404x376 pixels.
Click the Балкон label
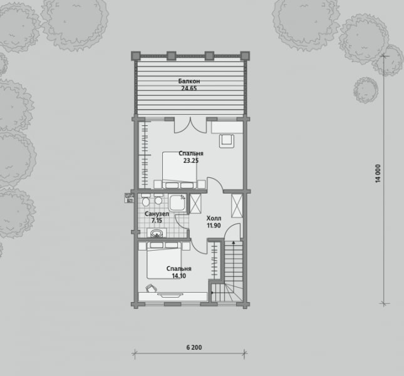point(189,81)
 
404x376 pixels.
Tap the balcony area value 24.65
point(189,88)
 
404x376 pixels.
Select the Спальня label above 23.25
point(191,154)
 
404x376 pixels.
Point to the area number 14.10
point(179,276)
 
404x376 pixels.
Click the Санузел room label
point(157,214)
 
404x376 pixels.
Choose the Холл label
point(214,219)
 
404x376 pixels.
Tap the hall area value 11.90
point(214,226)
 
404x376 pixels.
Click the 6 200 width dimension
point(194,347)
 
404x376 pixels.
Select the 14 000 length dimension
point(378,174)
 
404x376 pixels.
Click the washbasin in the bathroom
point(157,233)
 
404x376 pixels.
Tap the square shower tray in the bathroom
point(177,202)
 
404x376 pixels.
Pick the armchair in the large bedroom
point(227,141)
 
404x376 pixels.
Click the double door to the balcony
point(190,125)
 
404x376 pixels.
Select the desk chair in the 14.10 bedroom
point(151,288)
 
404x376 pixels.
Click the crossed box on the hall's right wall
point(237,206)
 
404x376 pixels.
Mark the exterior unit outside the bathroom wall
point(129,197)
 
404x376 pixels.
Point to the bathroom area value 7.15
point(157,221)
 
